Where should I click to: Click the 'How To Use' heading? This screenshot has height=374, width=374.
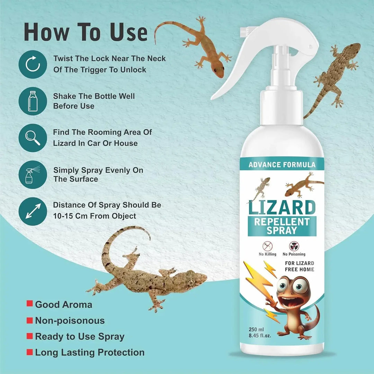pos(86,32)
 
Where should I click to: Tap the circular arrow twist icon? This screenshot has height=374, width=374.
pos(33,64)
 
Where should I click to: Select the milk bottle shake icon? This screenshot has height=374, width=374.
pos(33,101)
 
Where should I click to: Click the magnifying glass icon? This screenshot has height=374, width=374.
pos(33,137)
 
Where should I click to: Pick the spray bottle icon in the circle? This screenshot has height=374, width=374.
pos(33,175)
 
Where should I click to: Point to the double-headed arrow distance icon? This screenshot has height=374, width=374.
pos(33,211)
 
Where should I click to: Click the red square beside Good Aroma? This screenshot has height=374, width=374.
pos(30,304)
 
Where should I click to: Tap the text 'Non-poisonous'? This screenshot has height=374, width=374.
pos(70,321)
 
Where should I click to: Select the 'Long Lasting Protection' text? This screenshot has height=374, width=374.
pos(90,353)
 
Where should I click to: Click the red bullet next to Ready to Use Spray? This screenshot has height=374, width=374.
pos(30,336)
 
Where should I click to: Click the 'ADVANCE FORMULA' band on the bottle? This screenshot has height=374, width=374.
pos(282,164)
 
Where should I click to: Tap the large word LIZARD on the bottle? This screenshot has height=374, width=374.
pos(282,208)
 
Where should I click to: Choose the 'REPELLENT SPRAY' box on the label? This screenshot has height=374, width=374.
pos(282,226)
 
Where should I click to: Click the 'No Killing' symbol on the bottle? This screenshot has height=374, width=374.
pos(267,246)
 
